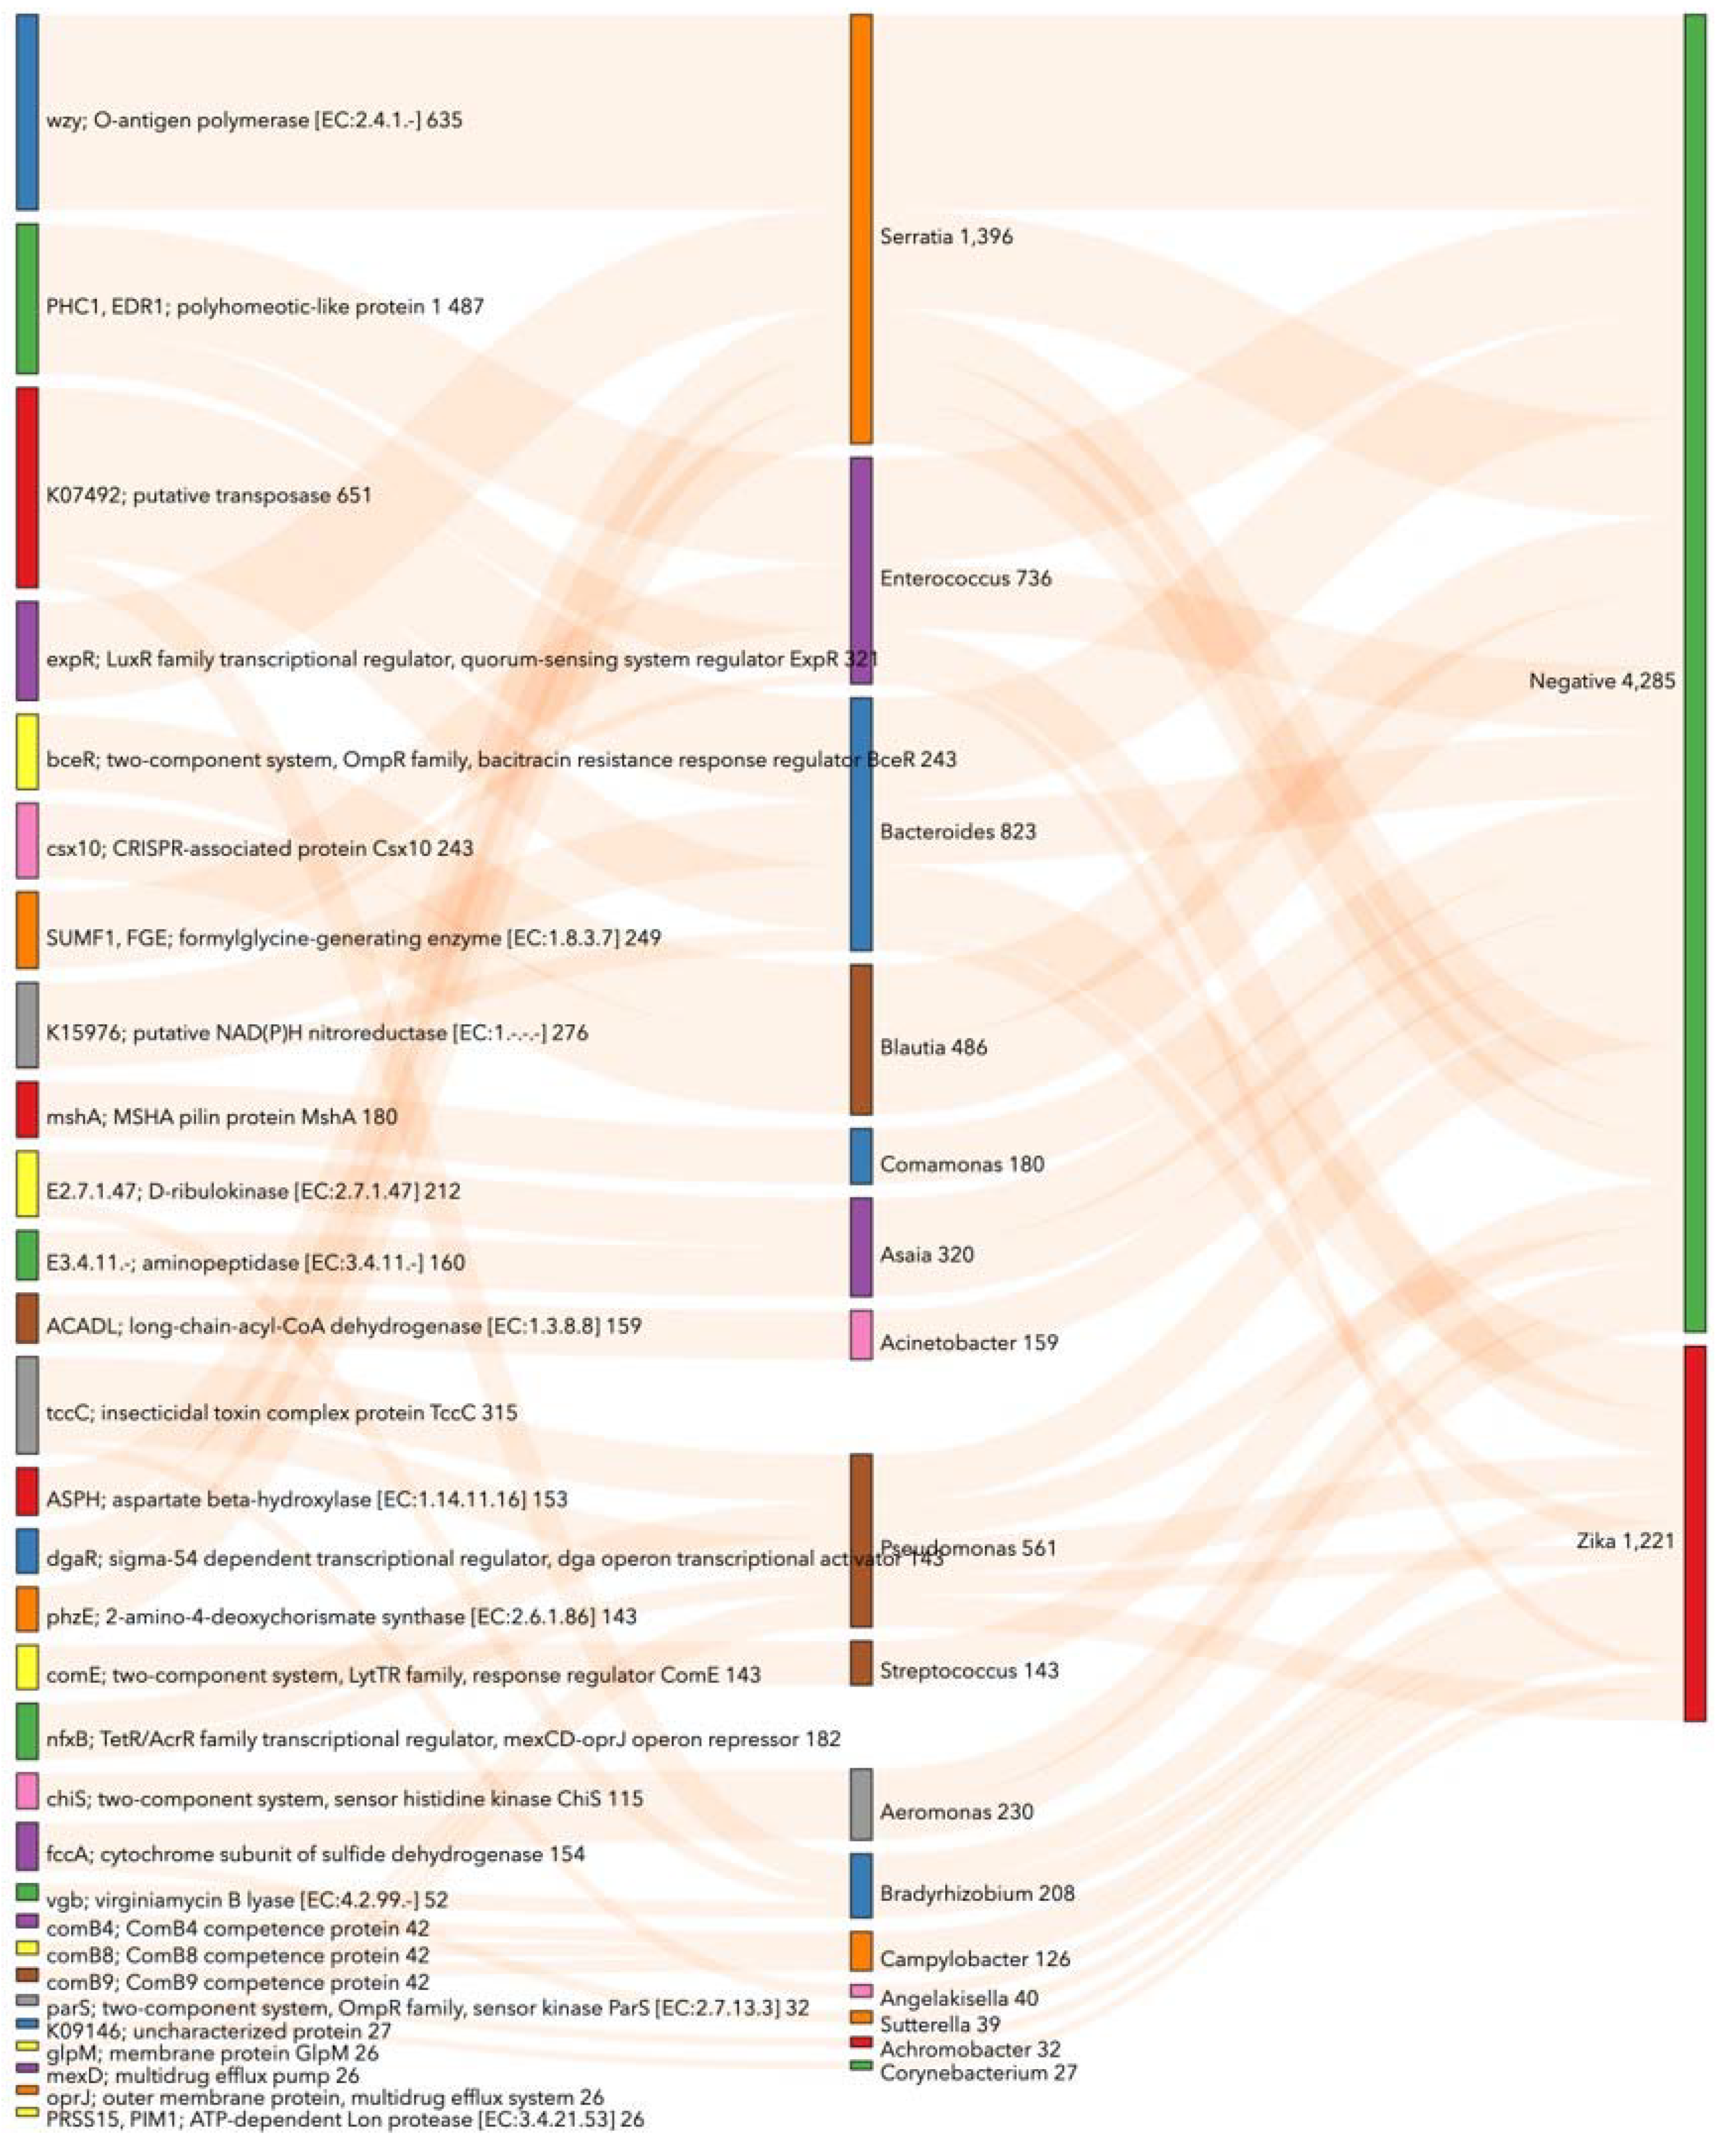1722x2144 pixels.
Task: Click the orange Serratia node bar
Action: click(862, 229)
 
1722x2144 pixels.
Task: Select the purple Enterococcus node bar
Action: click(862, 571)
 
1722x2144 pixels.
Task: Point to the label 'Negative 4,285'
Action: click(1601, 682)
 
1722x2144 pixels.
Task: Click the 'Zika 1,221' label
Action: click(1612, 1541)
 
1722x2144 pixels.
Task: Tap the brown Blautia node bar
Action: click(862, 1039)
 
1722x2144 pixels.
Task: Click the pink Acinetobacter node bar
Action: click(862, 1335)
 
